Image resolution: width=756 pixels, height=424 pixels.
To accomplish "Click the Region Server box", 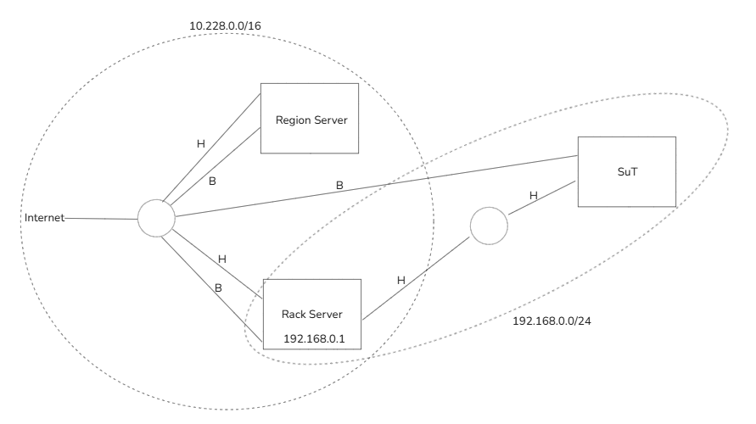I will pyautogui.click(x=310, y=119).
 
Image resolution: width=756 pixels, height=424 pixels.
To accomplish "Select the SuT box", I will pyautogui.click(x=626, y=171).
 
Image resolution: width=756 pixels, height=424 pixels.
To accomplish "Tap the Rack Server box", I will pyautogui.click(x=311, y=315).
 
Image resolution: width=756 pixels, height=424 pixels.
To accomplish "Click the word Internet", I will pyautogui.click(x=45, y=219).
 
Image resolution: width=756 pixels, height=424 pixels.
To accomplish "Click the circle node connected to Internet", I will pyautogui.click(x=156, y=220).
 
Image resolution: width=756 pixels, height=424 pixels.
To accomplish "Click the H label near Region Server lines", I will pyautogui.click(x=201, y=144).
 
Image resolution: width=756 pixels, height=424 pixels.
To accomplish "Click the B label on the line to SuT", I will pyautogui.click(x=339, y=184).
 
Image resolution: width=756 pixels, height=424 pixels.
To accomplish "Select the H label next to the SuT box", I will pyautogui.click(x=534, y=196).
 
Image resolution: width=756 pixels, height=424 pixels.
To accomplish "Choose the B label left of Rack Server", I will pyautogui.click(x=218, y=288).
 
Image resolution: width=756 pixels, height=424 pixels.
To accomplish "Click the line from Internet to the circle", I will pyautogui.click(x=102, y=219).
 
